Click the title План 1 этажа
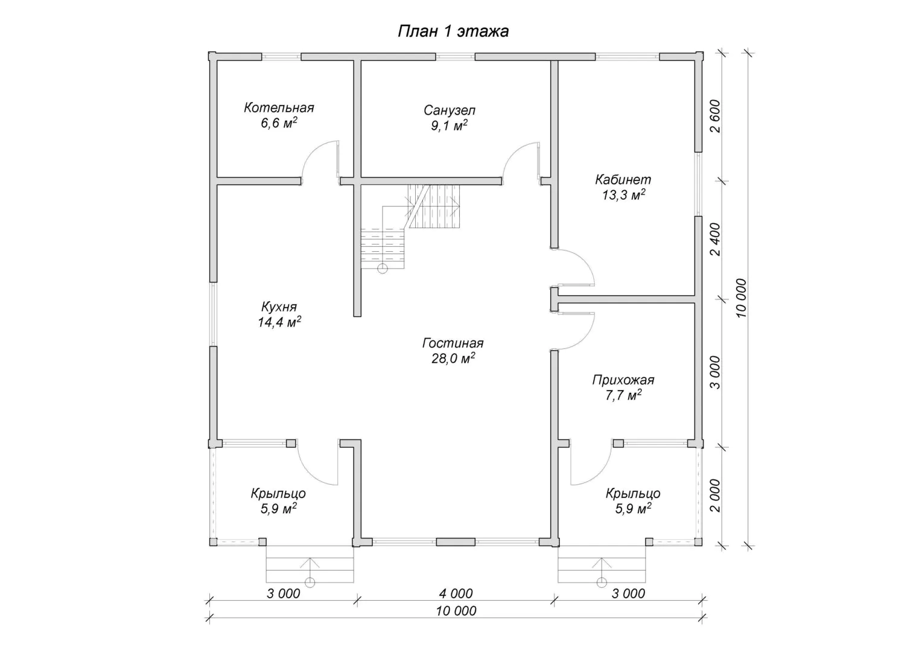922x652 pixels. (453, 31)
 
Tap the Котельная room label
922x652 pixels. (279, 108)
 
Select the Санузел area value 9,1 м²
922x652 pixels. (449, 125)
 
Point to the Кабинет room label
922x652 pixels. (623, 179)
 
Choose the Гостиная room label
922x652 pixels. (453, 343)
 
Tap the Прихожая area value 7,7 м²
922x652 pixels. (623, 395)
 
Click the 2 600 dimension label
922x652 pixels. (716, 116)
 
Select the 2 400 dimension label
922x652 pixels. (716, 239)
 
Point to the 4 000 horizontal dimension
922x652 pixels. (456, 593)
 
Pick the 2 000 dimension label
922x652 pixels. (716, 496)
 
